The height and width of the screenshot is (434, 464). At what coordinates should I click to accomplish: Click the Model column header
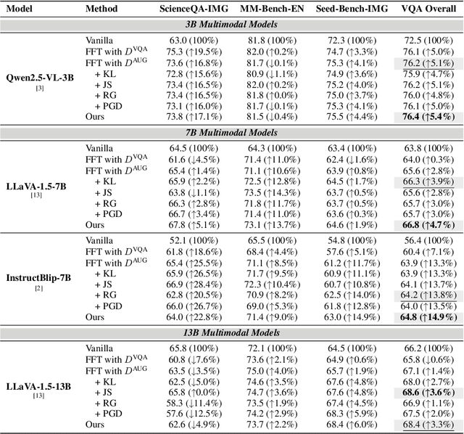(21, 9)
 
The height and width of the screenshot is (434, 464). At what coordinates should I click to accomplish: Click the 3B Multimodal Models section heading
(231, 25)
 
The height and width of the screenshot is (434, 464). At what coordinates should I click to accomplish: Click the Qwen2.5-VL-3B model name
(36, 77)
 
